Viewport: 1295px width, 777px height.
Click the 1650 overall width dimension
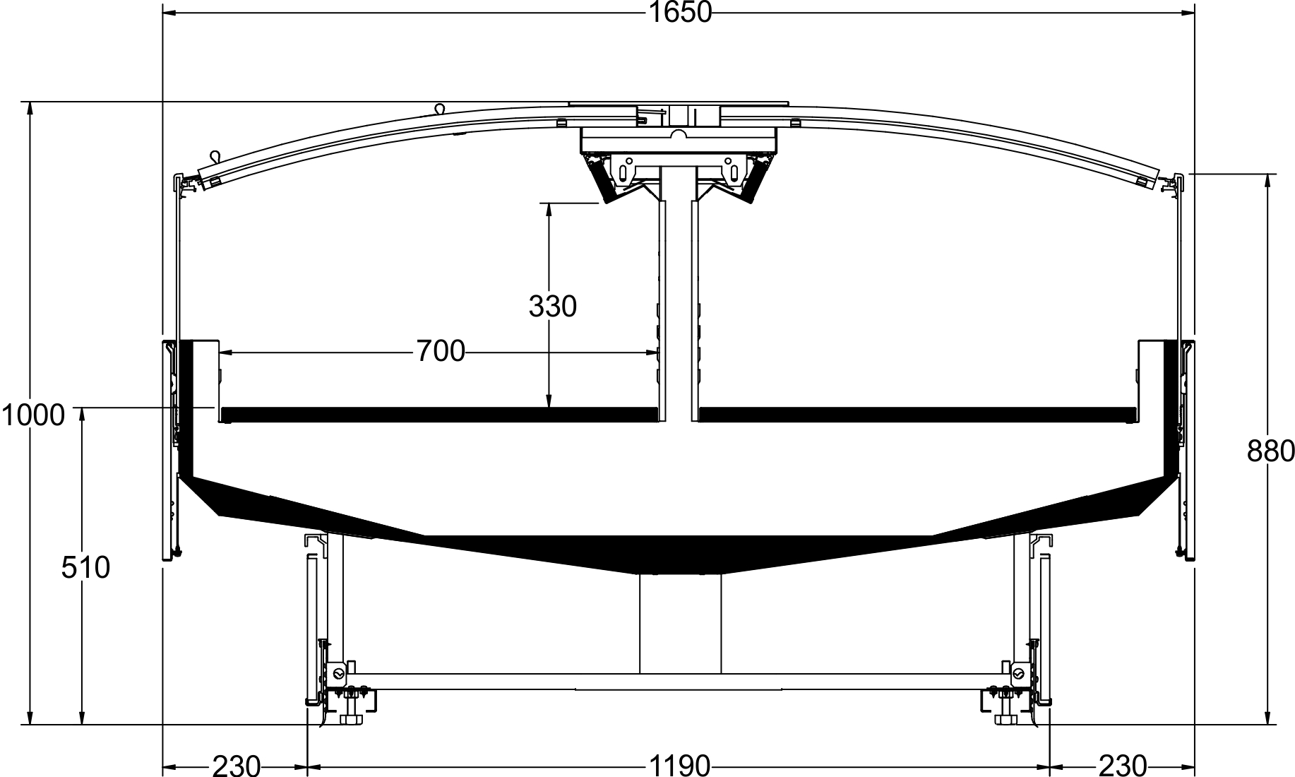coord(679,12)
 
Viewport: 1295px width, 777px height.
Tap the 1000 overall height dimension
coord(32,415)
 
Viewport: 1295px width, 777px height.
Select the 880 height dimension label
coord(1271,451)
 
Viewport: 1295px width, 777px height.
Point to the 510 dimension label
coord(85,568)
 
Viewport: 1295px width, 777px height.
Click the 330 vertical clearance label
coord(553,307)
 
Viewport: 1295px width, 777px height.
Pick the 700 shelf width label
coord(441,351)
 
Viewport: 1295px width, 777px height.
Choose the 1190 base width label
coord(679,766)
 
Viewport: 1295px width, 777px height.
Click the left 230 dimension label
coord(237,766)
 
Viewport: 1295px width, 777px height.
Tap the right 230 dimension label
coord(1122,766)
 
